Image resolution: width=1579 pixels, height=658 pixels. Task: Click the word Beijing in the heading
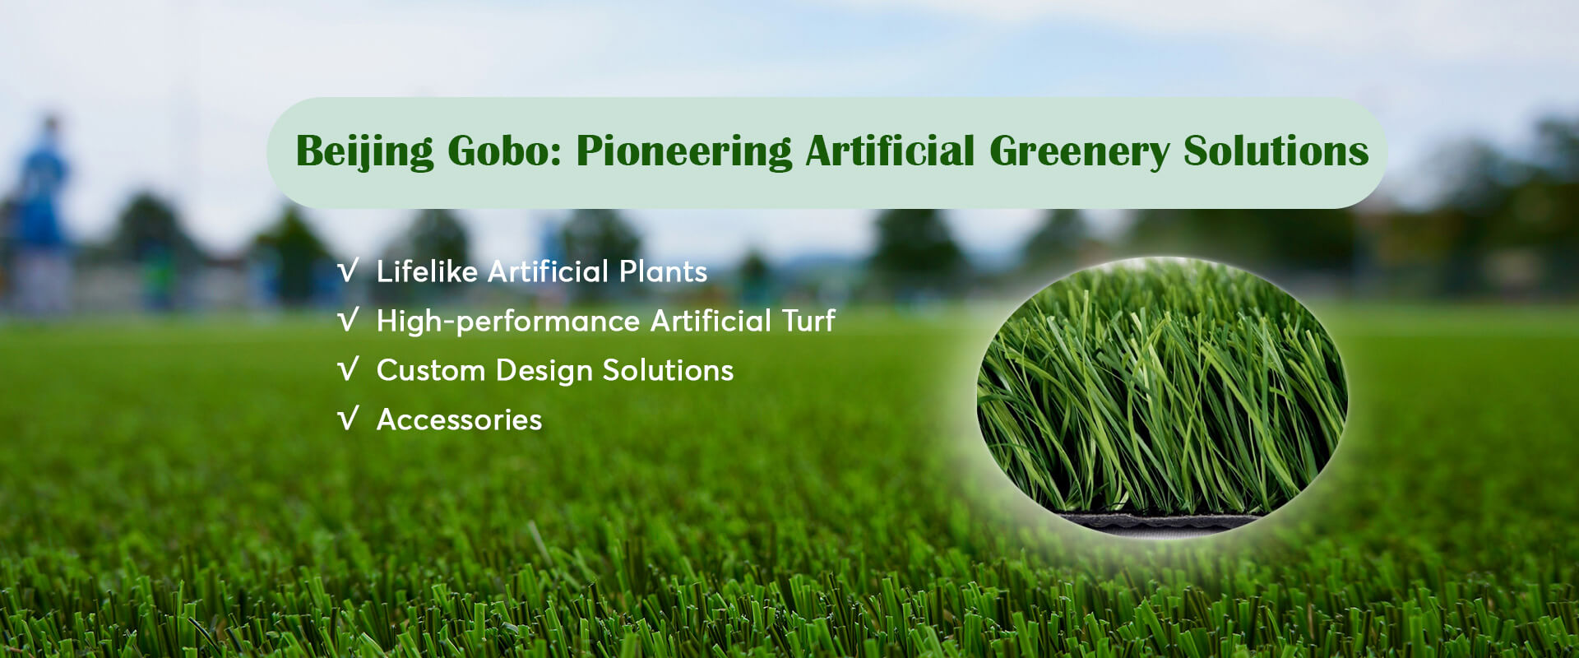(364, 152)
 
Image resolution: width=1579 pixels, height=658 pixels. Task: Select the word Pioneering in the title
(684, 152)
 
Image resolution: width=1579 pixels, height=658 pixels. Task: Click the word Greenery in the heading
(1079, 152)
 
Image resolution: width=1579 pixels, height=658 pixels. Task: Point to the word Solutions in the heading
(1276, 151)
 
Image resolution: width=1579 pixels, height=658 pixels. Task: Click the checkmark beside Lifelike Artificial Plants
(349, 271)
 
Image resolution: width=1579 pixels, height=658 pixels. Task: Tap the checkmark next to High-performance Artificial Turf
(349, 320)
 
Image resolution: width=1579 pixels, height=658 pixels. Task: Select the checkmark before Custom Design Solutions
(349, 369)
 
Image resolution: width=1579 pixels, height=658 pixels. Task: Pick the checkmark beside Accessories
(349, 419)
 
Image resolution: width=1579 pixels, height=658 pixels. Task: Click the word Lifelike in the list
(427, 271)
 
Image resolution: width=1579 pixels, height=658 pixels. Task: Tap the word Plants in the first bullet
(663, 271)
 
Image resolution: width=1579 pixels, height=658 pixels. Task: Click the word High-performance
(508, 321)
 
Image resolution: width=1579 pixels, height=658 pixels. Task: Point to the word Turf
(808, 320)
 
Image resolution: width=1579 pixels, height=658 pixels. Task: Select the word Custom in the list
(431, 370)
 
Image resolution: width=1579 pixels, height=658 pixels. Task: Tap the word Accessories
(459, 419)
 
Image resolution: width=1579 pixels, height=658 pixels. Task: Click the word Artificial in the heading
(891, 151)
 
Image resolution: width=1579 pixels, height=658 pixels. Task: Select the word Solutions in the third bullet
(668, 370)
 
